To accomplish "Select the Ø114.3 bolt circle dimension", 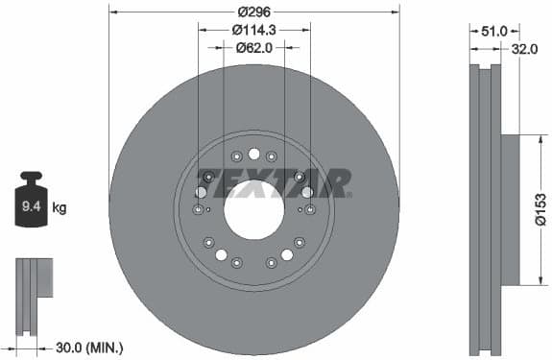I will [254, 30].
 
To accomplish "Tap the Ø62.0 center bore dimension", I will [254, 47].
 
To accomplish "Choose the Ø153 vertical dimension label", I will [541, 209].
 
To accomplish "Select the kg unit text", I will [60, 205].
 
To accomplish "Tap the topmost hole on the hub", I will [253, 154].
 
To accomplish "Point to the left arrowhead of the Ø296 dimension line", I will [113, 12].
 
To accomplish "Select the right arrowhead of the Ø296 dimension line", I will [396, 12].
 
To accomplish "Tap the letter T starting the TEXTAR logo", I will [207, 180].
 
